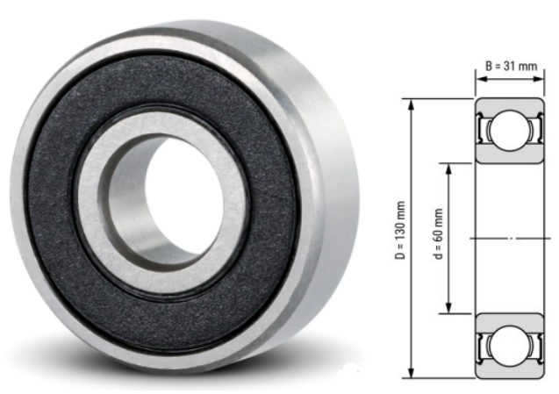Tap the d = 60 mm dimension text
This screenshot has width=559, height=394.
point(436,238)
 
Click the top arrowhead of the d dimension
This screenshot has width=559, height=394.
point(448,167)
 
